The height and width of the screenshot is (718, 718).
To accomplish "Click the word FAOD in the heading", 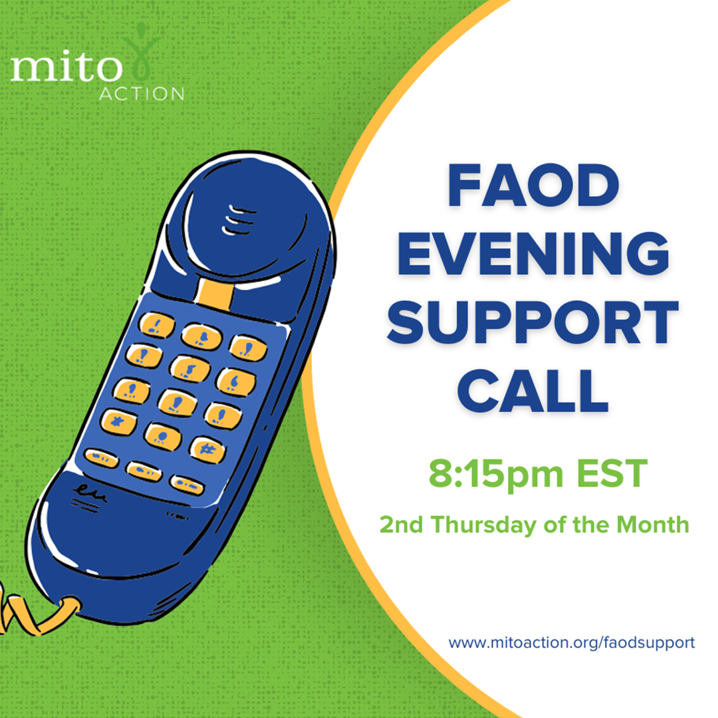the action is (533, 185).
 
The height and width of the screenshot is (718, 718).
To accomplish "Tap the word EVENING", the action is (533, 253).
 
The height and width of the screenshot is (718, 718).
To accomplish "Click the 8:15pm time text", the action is (496, 475).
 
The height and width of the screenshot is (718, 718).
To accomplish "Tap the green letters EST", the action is (612, 473).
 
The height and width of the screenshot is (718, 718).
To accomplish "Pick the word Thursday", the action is (483, 525).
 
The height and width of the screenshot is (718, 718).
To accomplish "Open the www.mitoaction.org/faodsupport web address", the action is (572, 642).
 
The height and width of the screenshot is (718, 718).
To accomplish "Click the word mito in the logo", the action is (66, 68).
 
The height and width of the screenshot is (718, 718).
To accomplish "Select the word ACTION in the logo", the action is (142, 94).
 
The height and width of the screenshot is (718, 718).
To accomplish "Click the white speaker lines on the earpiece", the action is (238, 220).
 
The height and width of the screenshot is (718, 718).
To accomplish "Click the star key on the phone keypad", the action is (118, 421).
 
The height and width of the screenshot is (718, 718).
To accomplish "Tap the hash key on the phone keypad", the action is (208, 450).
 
